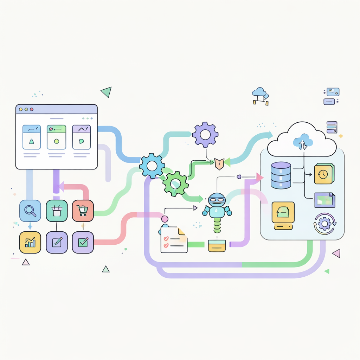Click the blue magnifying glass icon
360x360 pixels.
coord(30,211)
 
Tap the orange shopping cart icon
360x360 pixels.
coord(83,211)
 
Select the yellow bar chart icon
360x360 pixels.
coord(30,243)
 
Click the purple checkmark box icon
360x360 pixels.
coord(83,243)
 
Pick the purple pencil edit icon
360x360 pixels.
coord(57,243)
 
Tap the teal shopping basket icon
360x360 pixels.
coord(57,211)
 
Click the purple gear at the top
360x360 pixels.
coord(205,134)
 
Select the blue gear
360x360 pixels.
coord(152,166)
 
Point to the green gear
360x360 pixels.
coord(175,183)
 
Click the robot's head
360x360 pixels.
coord(217,200)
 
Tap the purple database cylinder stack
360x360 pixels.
coord(281,175)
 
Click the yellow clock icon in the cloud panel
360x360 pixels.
coord(324,174)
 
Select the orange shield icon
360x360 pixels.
coord(219,163)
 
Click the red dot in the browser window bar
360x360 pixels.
coord(32,109)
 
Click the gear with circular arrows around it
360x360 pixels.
coord(324,223)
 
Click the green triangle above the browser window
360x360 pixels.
coord(106,92)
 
